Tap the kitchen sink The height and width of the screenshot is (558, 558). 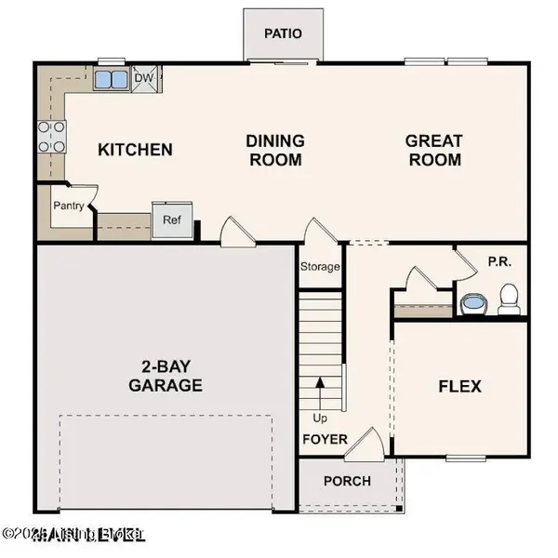[x=111, y=78]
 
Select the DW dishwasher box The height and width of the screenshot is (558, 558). [x=145, y=78]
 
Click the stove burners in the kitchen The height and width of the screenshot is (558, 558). [x=51, y=136]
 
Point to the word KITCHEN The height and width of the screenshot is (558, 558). [x=136, y=149]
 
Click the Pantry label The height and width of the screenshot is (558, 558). [x=68, y=206]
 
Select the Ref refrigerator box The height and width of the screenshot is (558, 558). [x=171, y=221]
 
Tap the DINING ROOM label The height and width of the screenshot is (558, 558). [x=275, y=150]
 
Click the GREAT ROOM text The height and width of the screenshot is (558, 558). [x=433, y=150]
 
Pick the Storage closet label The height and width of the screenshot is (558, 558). [x=320, y=267]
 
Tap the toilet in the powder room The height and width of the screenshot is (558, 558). [x=508, y=299]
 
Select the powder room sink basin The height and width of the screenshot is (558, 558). [x=473, y=303]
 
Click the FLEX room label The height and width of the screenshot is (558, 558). [x=459, y=385]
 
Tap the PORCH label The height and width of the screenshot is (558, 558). [x=347, y=481]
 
